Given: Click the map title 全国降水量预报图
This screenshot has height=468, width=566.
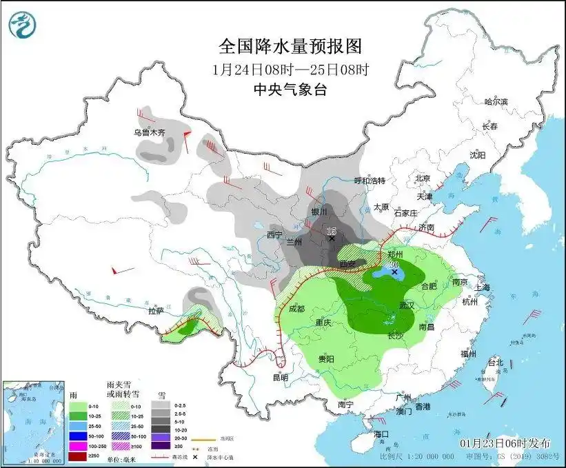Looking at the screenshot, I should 290,46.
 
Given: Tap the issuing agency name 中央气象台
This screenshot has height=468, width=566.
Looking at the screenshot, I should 290,89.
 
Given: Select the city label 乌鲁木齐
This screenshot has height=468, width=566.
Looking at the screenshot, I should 150,132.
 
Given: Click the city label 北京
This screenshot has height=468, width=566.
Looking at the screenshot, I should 423,179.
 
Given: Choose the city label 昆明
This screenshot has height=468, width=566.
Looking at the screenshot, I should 280,377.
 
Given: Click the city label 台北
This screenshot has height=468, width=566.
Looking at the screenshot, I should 495,362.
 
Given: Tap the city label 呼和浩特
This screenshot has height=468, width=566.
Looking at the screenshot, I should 369,181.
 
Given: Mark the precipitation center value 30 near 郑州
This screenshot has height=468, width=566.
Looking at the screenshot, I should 395,265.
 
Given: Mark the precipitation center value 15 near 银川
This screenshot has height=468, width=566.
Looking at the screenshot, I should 331,231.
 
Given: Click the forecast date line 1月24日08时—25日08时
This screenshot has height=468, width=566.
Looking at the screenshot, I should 290,69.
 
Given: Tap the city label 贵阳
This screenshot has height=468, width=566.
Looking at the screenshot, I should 325,359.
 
